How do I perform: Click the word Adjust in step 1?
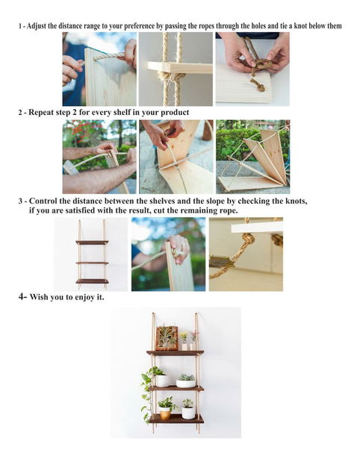[x=37, y=26]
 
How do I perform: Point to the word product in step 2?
[x=175, y=113]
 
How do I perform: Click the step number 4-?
[x=22, y=296]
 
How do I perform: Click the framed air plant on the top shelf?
[x=167, y=338]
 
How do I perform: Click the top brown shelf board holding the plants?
[x=176, y=353]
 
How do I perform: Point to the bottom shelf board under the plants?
[x=176, y=419]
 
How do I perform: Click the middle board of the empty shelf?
[x=93, y=263]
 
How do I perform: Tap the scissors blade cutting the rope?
[x=222, y=262]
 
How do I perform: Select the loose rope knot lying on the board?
[x=258, y=85]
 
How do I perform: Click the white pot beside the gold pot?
[x=188, y=412]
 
